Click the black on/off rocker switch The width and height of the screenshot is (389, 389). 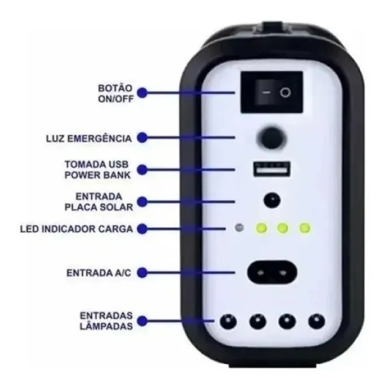pos(272,92)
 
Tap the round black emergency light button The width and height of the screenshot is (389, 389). pos(272,138)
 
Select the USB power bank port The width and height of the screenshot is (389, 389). pos(271,169)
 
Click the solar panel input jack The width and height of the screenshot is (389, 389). pos(272,200)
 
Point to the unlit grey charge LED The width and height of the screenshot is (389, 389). pos(239,227)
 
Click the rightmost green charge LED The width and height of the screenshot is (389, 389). pos(305,227)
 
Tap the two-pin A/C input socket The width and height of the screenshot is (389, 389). pos(272,273)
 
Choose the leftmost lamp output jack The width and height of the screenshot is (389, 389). pos(228,322)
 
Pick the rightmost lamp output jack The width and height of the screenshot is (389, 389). pos(317,322)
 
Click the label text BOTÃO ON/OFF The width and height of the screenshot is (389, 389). pos(116,93)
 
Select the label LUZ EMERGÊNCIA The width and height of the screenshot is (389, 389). pos(89,139)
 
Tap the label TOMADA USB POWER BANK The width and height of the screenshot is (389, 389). pos(97,170)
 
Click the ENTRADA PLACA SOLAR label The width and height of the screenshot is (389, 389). pos(98,202)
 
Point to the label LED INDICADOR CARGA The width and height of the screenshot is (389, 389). pos(76,229)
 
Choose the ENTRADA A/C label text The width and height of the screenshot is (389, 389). pos(98,273)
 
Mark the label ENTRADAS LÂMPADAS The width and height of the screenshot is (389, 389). pos(106,321)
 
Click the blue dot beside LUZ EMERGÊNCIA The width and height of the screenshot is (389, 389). pos(142,137)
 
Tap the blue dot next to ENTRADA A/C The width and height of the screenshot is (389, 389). pos(142,273)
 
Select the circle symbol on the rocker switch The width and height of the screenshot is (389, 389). pos(286,93)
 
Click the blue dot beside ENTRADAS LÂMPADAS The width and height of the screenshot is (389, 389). pos(142,321)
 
